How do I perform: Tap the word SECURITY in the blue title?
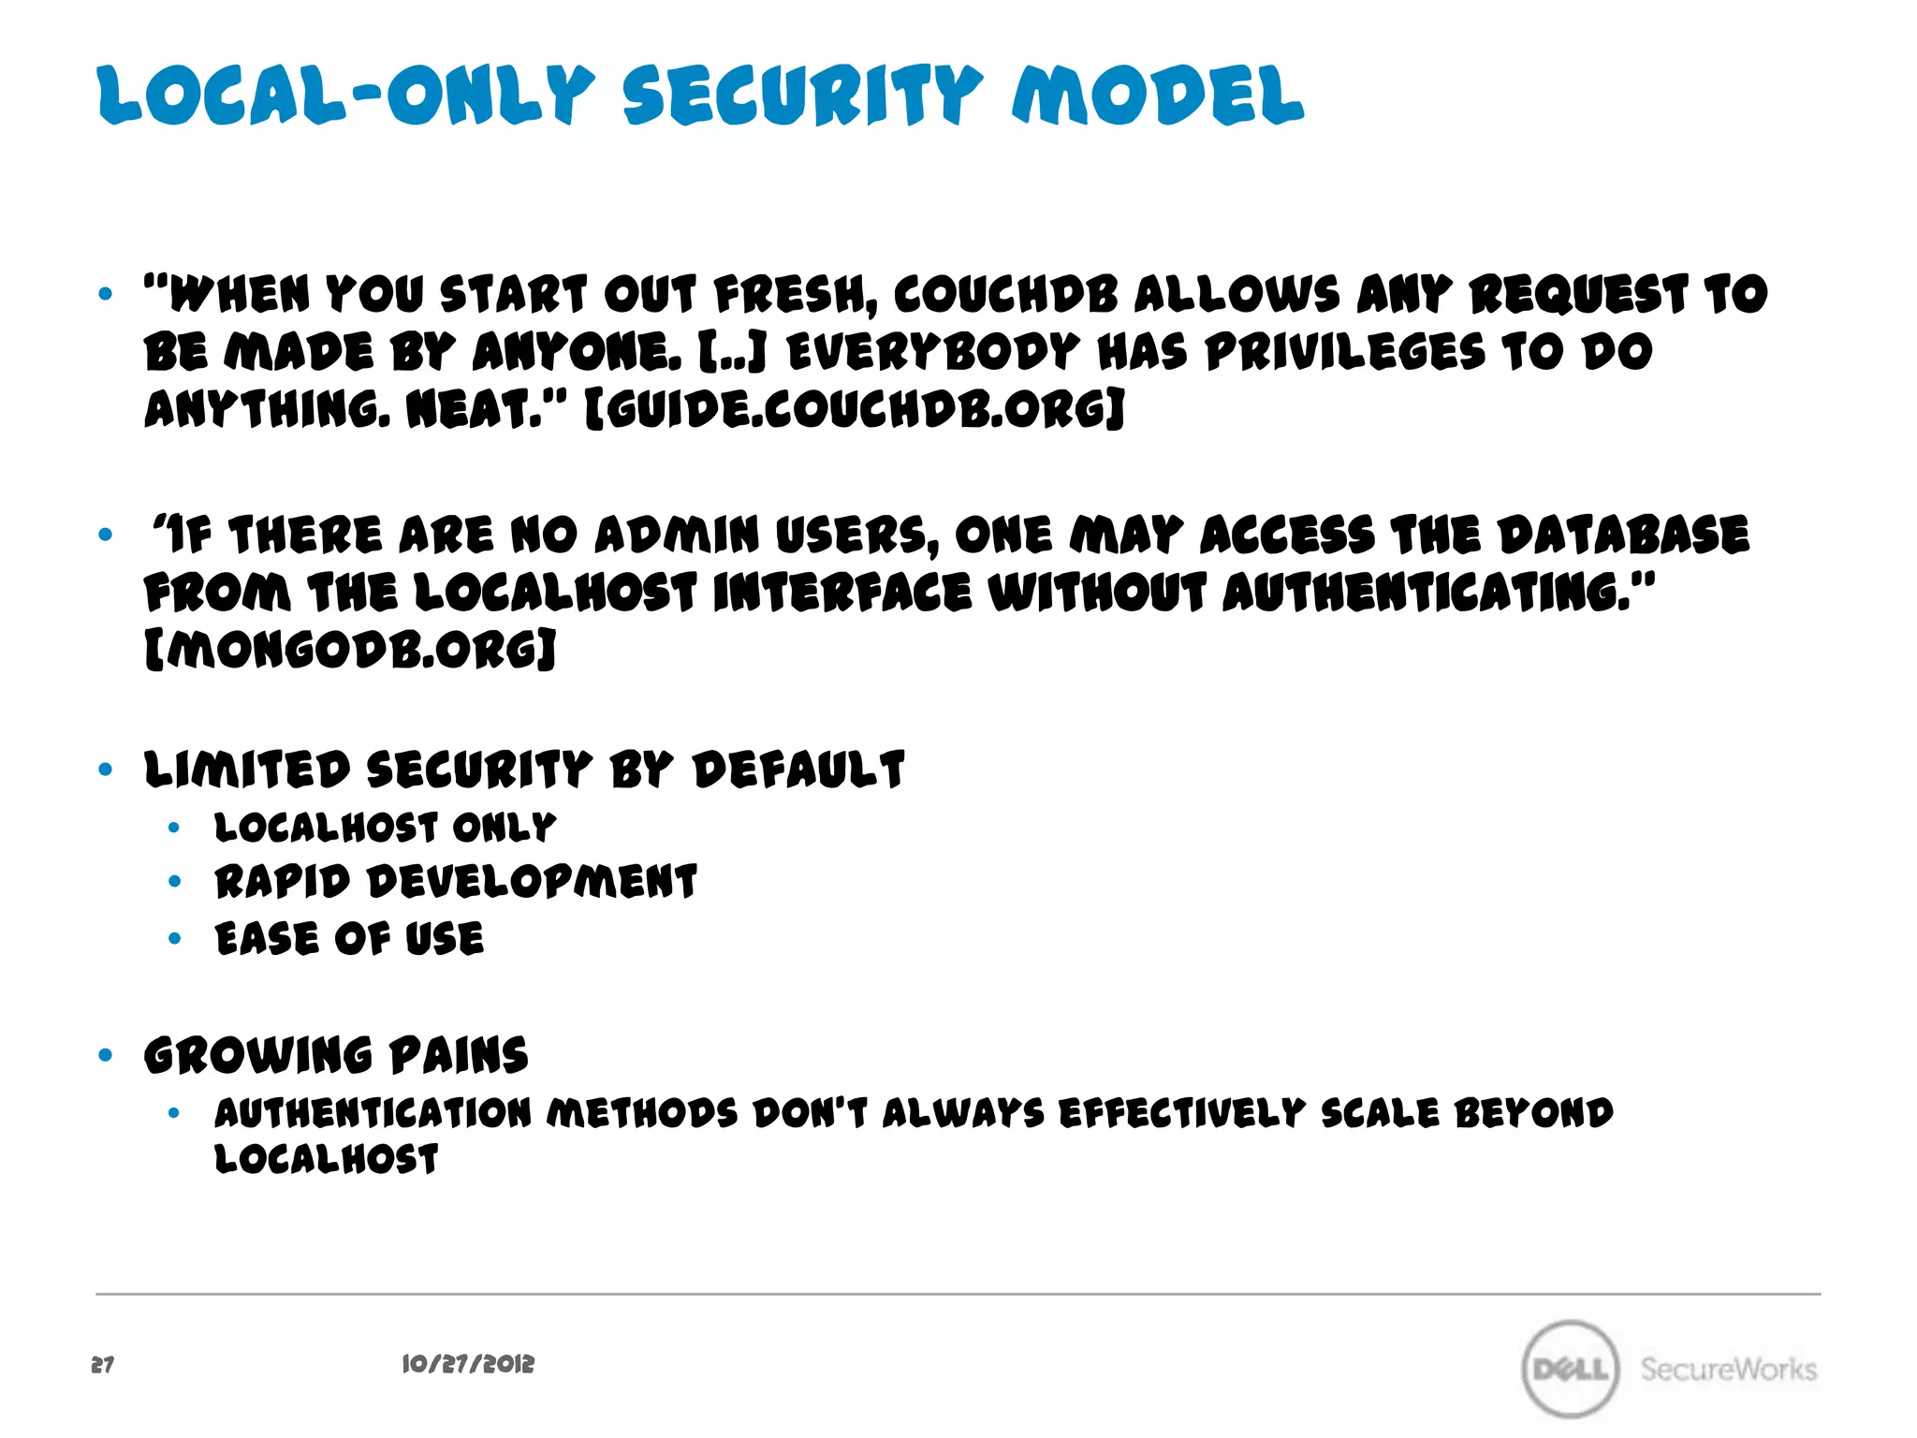point(802,95)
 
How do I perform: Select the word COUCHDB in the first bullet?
point(1005,295)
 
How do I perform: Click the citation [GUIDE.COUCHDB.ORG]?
point(855,410)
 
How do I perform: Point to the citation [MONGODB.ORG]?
point(351,650)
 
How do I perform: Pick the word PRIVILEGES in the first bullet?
point(1345,353)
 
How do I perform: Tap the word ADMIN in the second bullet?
point(677,536)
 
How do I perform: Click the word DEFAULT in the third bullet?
point(798,770)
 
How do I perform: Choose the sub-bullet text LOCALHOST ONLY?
point(385,828)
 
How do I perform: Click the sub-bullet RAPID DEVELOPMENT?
point(456,883)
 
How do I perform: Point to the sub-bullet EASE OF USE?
point(349,939)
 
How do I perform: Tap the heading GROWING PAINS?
point(336,1056)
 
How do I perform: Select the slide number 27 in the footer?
point(103,1365)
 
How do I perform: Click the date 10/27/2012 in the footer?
point(468,1364)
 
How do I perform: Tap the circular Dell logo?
point(1571,1369)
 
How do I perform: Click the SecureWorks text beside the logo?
point(1728,1370)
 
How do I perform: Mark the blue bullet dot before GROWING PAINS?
point(106,1056)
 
